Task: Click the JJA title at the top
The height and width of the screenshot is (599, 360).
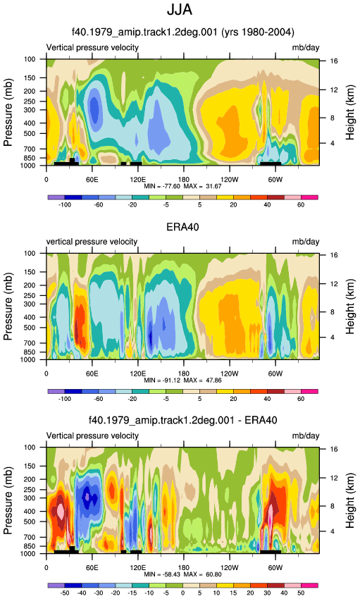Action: point(180,10)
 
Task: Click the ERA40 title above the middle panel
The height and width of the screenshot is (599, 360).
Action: point(182,227)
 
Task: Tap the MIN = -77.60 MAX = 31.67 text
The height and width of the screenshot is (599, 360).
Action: point(182,187)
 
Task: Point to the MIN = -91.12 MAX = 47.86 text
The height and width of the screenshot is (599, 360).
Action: point(182,381)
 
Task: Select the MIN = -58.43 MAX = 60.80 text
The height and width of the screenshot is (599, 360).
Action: point(182,574)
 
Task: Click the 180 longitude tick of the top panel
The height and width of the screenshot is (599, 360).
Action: point(183,180)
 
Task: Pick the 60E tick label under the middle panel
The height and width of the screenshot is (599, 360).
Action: point(92,373)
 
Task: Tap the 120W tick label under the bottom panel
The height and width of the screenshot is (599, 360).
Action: point(230,568)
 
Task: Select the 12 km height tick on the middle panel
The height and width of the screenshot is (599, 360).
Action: point(334,283)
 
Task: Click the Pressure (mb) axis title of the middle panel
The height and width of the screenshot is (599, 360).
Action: point(8,306)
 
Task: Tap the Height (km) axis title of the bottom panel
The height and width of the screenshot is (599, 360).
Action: point(350,500)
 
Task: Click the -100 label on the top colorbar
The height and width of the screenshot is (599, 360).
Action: point(65,205)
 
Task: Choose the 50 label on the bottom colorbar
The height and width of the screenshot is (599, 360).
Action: point(301,593)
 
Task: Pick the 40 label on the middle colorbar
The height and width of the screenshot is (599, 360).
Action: point(267,399)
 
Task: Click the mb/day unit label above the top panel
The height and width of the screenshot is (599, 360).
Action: point(306,48)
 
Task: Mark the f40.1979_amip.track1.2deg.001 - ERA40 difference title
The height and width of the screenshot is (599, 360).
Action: point(182,421)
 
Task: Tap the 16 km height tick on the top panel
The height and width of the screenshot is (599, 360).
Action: point(334,61)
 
